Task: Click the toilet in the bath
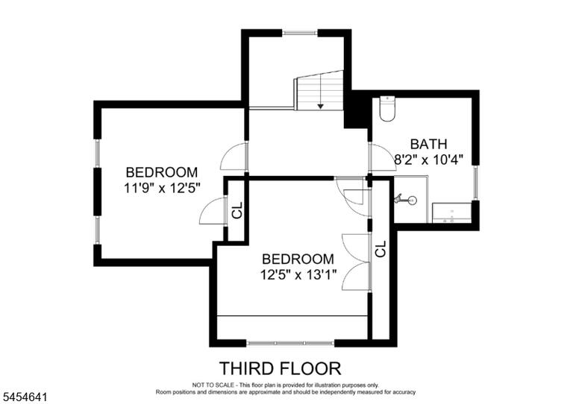387,108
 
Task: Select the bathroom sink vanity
452,212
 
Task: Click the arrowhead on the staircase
321,106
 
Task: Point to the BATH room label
429,144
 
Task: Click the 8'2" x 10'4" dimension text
429,160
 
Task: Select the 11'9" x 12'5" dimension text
162,189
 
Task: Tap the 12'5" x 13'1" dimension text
298,274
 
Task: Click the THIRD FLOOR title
280,368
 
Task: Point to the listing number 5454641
24,397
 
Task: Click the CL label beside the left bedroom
237,210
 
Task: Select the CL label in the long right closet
381,248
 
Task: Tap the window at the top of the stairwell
300,33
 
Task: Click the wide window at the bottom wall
290,343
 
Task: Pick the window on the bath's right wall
475,182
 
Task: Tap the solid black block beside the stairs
357,109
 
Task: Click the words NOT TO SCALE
213,385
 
